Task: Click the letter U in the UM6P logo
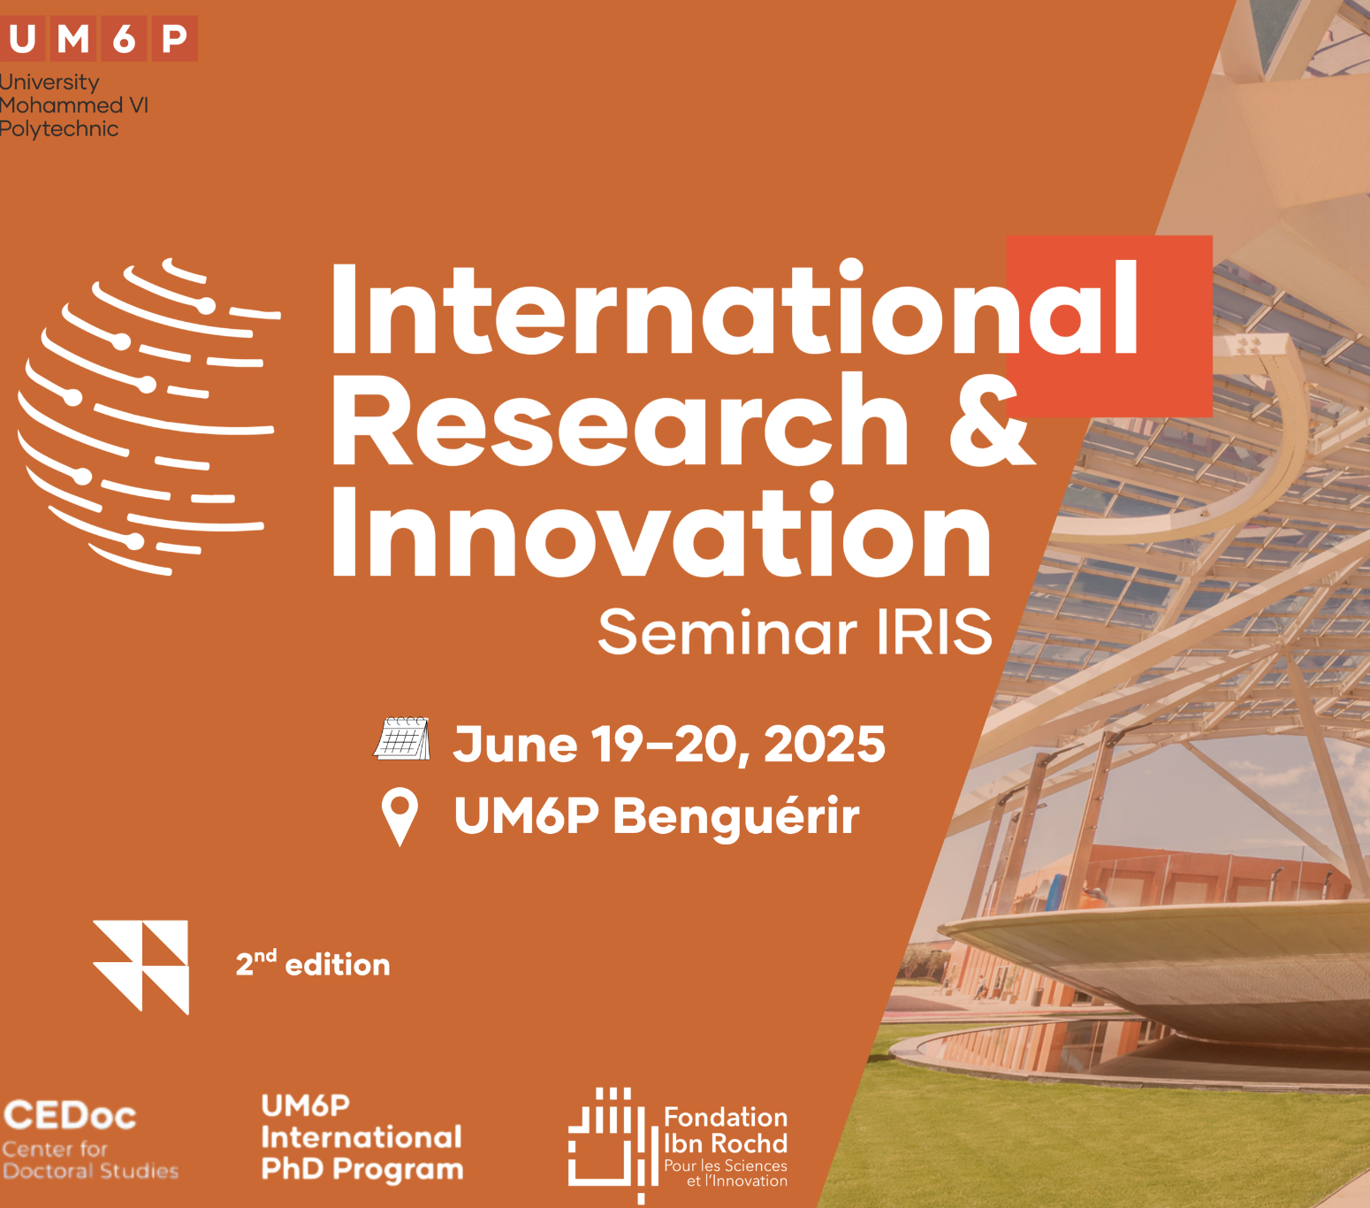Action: pos(21,39)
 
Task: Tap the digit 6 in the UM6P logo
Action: pos(124,39)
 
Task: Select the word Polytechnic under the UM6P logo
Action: pos(59,129)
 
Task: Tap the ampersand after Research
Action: pos(992,419)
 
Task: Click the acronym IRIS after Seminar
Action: pos(934,632)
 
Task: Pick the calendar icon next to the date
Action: pos(402,739)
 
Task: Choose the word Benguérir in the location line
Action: pos(736,817)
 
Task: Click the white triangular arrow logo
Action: pos(141,967)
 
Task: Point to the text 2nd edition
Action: pos(313,964)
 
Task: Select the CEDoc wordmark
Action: pos(70,1116)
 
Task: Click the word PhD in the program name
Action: pos(293,1169)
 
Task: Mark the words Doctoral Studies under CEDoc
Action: pos(91,1172)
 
